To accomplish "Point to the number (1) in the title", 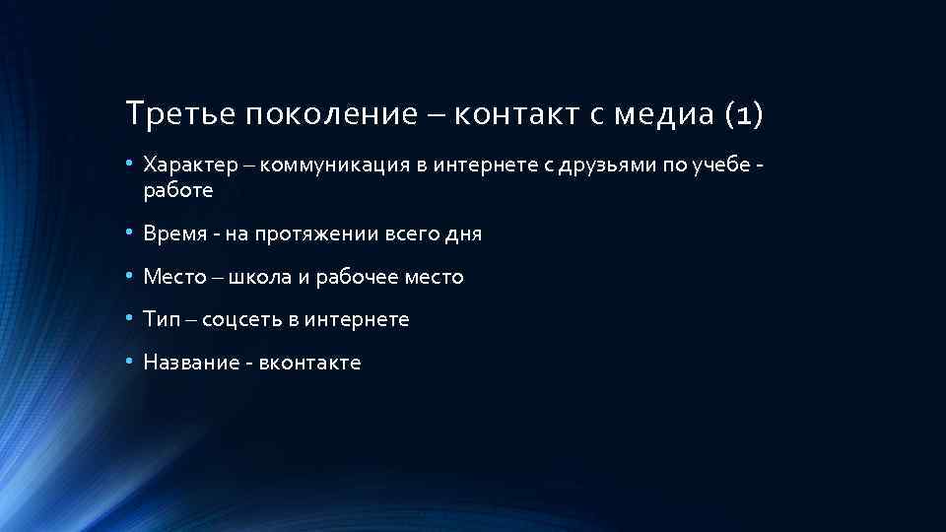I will (742, 115).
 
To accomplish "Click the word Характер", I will (185, 163).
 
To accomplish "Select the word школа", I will (259, 277).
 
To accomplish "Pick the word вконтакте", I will (309, 363).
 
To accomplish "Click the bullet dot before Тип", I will (131, 319).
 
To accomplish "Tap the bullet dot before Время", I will (131, 234).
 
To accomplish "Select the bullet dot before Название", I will (131, 363).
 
